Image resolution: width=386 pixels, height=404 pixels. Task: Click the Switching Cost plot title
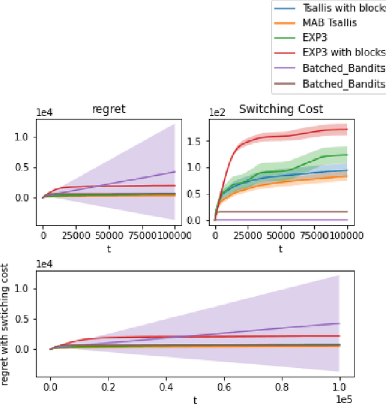281,109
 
